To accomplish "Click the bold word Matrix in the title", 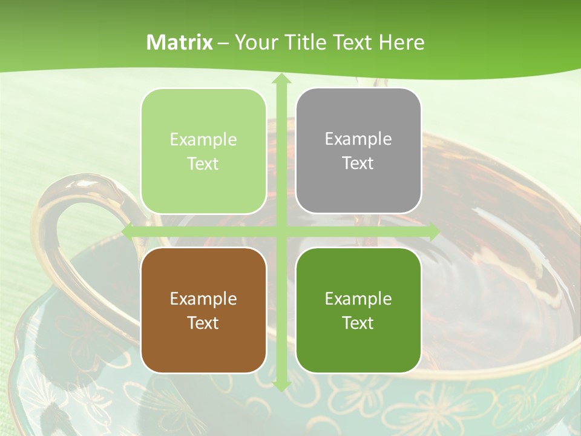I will click(180, 42).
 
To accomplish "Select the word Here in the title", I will click(401, 42).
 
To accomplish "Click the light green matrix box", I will click(203, 151).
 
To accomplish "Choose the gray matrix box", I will click(358, 151).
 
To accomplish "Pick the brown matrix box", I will click(203, 310).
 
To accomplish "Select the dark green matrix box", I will click(358, 310).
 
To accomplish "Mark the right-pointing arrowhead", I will click(433, 232).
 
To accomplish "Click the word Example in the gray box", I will click(358, 139).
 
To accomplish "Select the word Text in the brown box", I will click(203, 323).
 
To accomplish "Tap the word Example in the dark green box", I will click(358, 299).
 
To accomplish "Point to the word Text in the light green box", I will click(203, 163).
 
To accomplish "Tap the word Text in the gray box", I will click(358, 163).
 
